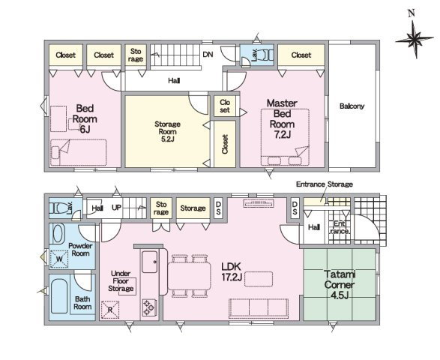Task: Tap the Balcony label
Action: (x=352, y=106)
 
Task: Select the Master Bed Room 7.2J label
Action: (x=282, y=118)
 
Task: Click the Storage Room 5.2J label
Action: (x=167, y=131)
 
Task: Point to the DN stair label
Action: (x=208, y=55)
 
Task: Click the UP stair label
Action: (x=116, y=208)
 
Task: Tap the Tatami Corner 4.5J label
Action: (x=340, y=284)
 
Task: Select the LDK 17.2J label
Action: (x=232, y=271)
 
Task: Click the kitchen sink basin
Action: (x=149, y=262)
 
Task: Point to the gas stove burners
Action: (x=148, y=307)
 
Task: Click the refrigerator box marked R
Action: (x=110, y=310)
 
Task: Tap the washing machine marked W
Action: (x=59, y=259)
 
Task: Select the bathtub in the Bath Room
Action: (x=59, y=296)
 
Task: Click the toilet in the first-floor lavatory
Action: (x=60, y=208)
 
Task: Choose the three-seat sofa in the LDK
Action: (x=259, y=308)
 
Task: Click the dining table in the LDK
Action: (x=189, y=276)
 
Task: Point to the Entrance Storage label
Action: (x=325, y=184)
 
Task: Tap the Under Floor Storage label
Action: (x=121, y=280)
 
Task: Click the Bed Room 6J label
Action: (x=85, y=118)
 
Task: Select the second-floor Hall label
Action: (x=174, y=81)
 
